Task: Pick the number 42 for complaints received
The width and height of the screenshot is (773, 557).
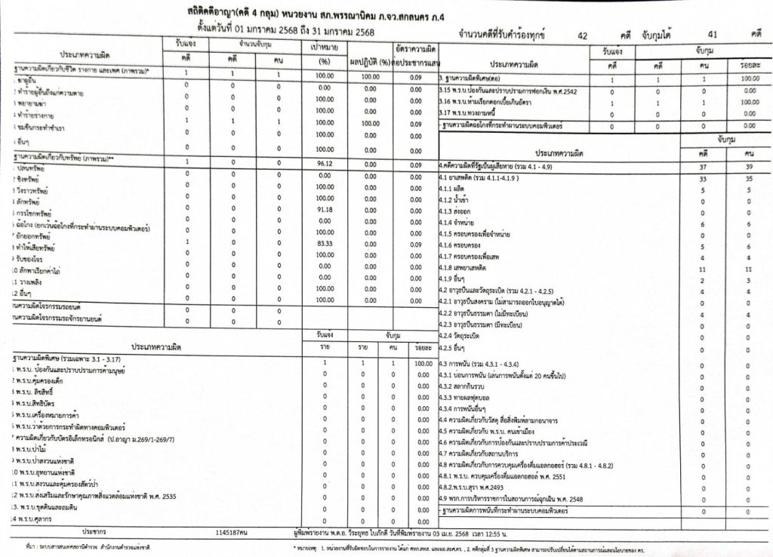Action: [581, 35]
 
